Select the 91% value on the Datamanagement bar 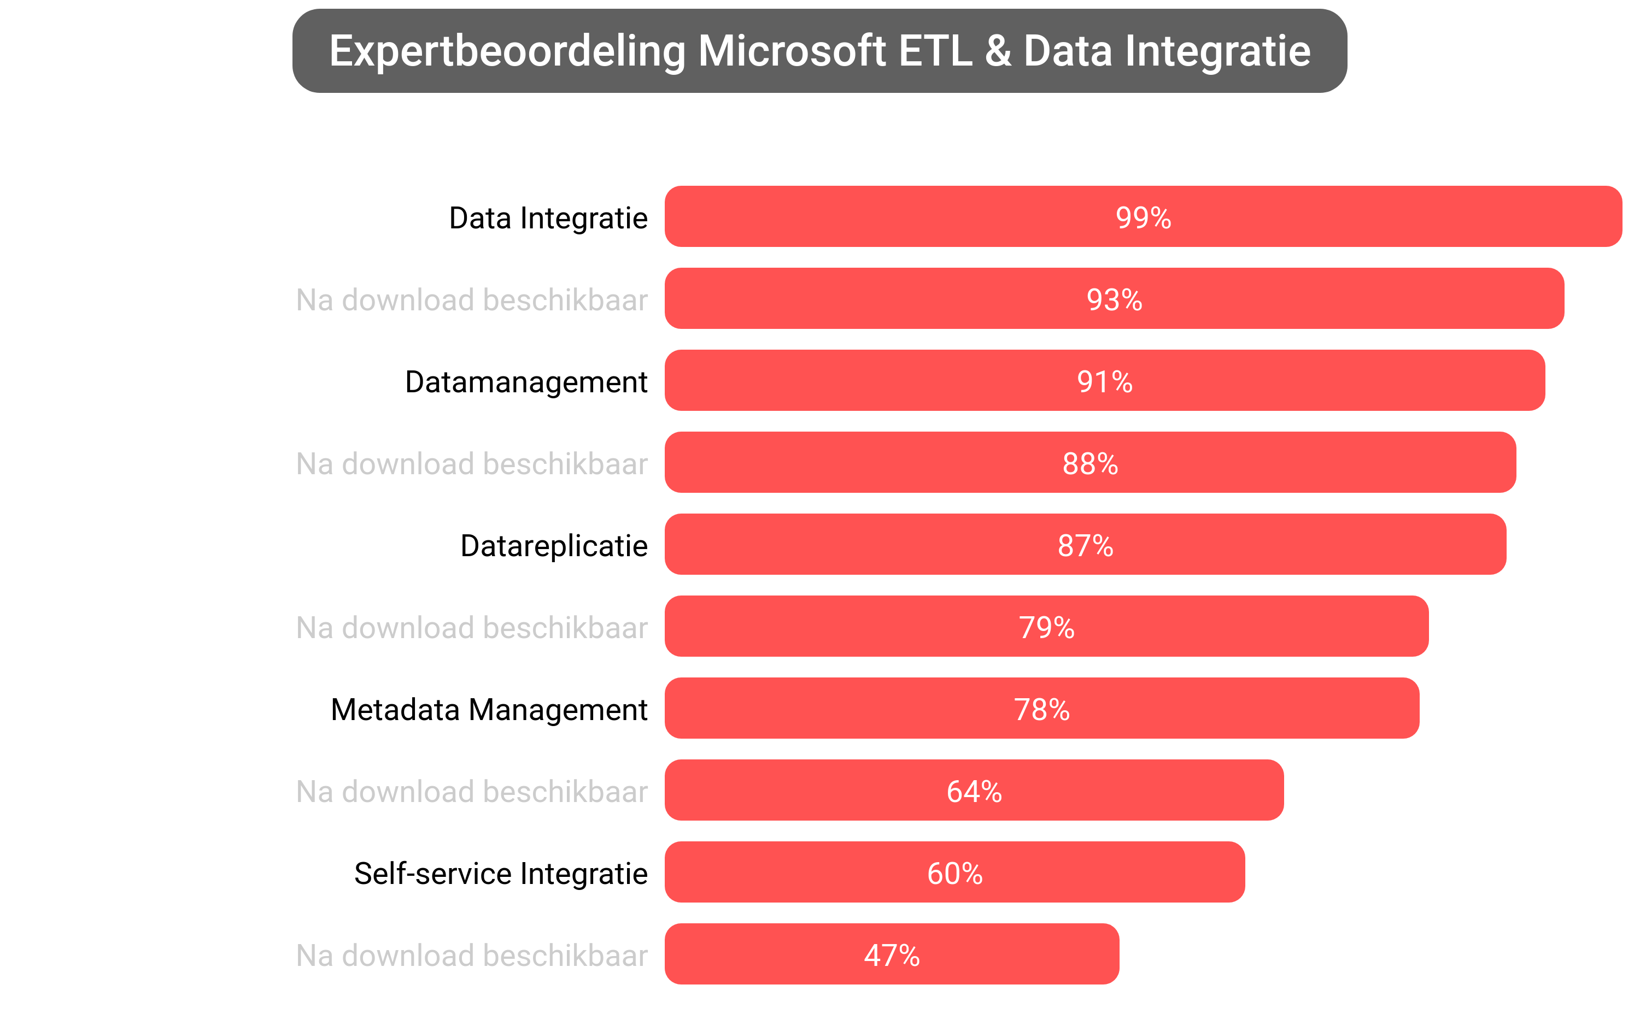(x=1104, y=381)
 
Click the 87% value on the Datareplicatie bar (x=1085, y=545)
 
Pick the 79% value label (x=1046, y=627)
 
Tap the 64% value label (x=974, y=791)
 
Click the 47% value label (x=891, y=955)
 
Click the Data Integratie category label (x=548, y=218)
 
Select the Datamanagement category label (x=526, y=381)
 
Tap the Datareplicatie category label (x=554, y=545)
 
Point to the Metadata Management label (x=489, y=710)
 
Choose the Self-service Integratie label (x=501, y=873)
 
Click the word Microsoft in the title (x=792, y=51)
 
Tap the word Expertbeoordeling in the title (x=507, y=51)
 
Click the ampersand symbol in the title (x=998, y=51)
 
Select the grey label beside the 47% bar (x=472, y=955)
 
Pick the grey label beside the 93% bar (x=472, y=300)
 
